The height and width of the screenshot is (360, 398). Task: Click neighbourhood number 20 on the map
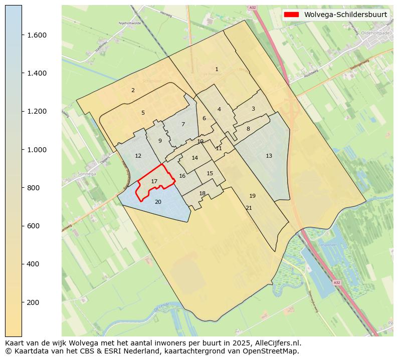(158, 202)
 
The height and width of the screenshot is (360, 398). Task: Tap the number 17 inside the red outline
(154, 181)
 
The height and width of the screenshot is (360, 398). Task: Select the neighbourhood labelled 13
(269, 156)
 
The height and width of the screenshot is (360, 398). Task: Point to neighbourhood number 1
(217, 69)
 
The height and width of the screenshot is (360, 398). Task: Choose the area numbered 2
(133, 90)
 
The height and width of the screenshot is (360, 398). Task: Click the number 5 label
(143, 113)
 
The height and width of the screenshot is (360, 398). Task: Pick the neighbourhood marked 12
(138, 156)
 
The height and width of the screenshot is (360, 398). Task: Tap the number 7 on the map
(183, 124)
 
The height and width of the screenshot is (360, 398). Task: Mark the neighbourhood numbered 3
(253, 109)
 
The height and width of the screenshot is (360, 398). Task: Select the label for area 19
(252, 196)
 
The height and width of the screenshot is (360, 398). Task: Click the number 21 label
(249, 208)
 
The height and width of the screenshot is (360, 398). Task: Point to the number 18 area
(203, 193)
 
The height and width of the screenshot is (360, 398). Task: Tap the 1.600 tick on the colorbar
(37, 35)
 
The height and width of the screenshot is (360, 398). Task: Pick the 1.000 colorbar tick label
(37, 150)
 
